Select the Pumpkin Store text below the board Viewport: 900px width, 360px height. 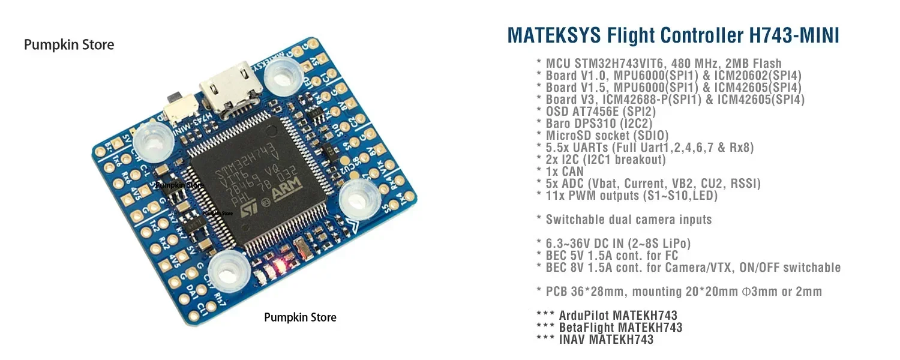click(x=300, y=317)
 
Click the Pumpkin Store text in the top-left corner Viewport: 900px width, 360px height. click(x=68, y=44)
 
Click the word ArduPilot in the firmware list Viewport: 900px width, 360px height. click(x=586, y=315)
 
